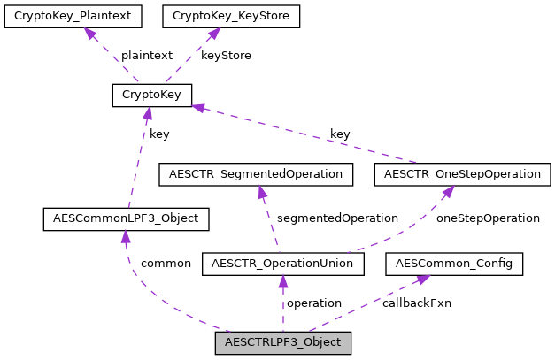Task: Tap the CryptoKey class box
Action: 152,95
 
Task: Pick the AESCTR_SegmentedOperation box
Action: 255,173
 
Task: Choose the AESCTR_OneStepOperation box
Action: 462,173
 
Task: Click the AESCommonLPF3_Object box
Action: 126,217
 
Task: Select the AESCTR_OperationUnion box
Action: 283,263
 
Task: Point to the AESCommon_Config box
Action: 454,263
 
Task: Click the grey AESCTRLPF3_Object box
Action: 283,341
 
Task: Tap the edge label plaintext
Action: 146,55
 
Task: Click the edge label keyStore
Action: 226,55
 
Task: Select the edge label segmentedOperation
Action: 337,218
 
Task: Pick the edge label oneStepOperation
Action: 489,218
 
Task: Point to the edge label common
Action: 166,263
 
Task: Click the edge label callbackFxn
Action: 416,303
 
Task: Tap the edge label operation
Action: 314,303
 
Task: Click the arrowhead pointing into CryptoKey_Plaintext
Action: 89,34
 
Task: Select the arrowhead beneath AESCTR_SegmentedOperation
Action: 261,191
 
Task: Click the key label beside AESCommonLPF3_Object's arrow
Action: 159,134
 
